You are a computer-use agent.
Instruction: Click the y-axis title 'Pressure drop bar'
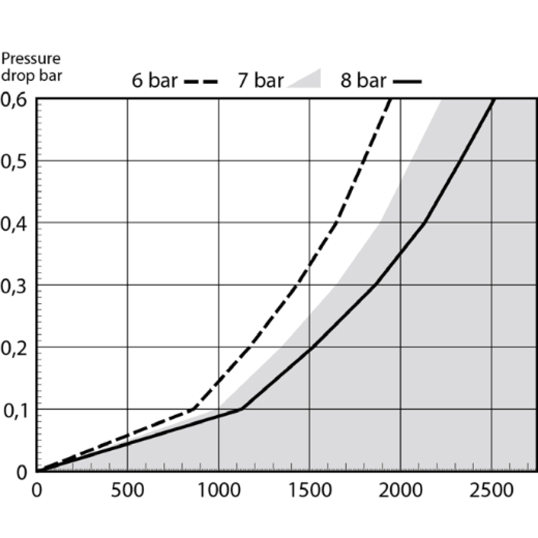(x=31, y=66)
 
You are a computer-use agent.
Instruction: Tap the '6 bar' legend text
(x=154, y=81)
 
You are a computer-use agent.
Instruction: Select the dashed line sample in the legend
(x=200, y=82)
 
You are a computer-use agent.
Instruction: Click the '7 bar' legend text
(x=260, y=81)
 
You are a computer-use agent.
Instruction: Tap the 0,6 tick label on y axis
(x=16, y=99)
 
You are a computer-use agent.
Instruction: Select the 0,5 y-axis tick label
(x=16, y=161)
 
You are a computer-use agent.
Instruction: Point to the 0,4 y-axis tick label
(x=16, y=223)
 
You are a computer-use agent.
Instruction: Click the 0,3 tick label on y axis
(x=16, y=285)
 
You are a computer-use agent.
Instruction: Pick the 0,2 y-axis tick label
(x=16, y=347)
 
